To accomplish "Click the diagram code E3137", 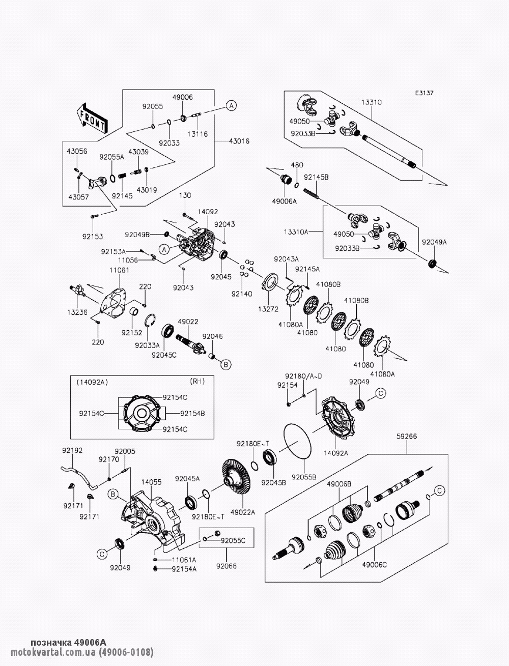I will [424, 93].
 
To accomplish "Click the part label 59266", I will [406, 436].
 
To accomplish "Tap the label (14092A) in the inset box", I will [92, 381].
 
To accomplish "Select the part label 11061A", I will [184, 559].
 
